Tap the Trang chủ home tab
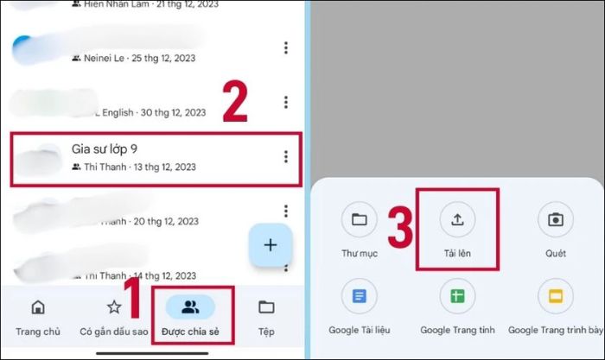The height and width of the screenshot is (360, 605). [x=37, y=308]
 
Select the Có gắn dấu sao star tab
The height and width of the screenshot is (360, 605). [x=114, y=307]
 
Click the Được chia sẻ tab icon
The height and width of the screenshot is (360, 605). [x=190, y=306]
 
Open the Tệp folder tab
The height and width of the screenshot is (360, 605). [x=266, y=307]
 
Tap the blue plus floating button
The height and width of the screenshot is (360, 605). [x=271, y=245]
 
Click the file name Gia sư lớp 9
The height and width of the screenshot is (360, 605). [x=105, y=149]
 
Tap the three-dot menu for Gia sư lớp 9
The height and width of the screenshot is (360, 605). [x=286, y=156]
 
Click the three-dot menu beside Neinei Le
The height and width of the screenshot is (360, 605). [x=286, y=48]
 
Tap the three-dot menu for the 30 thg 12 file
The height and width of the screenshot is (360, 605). [x=286, y=103]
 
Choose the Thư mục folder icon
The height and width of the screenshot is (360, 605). [x=359, y=219]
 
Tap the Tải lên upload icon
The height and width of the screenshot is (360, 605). [x=457, y=219]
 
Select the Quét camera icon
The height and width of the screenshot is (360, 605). [x=556, y=219]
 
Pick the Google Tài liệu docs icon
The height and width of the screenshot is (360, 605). [x=359, y=296]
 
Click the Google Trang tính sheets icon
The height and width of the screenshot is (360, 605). [x=457, y=296]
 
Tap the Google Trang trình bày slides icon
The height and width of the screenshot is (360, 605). [x=556, y=296]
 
